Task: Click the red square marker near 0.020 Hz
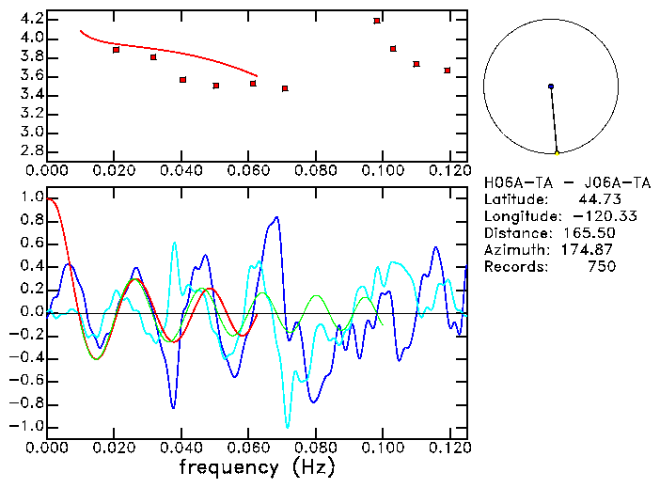click(x=116, y=49)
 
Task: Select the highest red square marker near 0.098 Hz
click(x=377, y=20)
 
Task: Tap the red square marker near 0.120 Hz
click(x=448, y=70)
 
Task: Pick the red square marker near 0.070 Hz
click(x=285, y=88)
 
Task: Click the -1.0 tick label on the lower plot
click(x=26, y=426)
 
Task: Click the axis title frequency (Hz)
click(x=256, y=465)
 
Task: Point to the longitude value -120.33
click(x=589, y=216)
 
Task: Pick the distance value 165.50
click(x=589, y=233)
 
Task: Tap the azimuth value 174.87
click(x=589, y=250)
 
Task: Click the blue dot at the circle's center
click(x=551, y=87)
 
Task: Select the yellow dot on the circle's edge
click(x=557, y=152)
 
